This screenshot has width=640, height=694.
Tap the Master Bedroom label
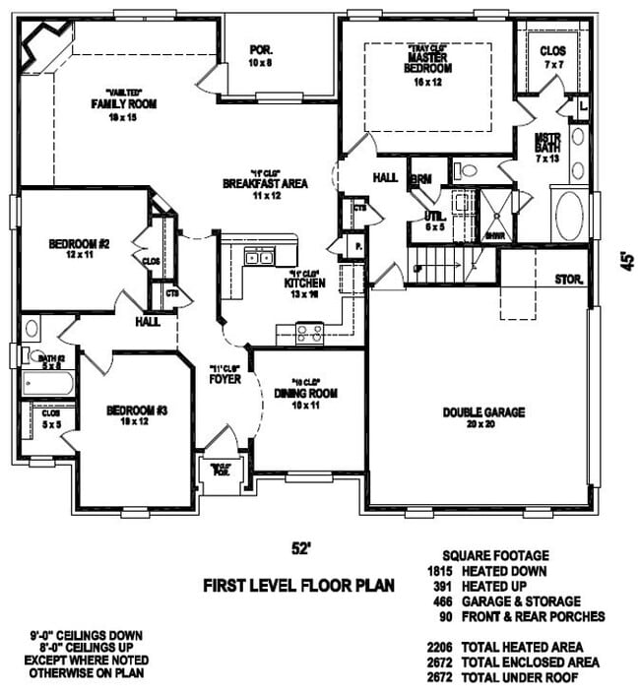427,63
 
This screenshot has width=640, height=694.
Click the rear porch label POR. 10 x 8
261,54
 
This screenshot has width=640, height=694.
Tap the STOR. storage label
569,278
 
